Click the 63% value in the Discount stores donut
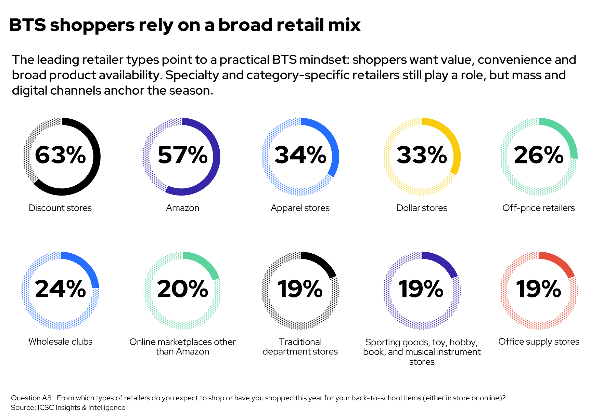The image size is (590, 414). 60,155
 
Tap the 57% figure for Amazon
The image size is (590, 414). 182,155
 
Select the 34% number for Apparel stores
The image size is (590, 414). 300,155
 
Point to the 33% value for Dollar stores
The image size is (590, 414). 422,155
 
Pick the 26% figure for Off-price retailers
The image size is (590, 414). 539,155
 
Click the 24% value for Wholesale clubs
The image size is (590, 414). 60,289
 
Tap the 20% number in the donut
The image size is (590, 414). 182,289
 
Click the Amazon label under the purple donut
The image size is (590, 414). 182,208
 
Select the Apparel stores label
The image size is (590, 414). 300,208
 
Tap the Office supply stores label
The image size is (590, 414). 539,342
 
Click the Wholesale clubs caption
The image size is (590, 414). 60,342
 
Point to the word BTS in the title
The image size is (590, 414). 27,25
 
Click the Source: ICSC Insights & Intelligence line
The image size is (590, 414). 68,408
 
